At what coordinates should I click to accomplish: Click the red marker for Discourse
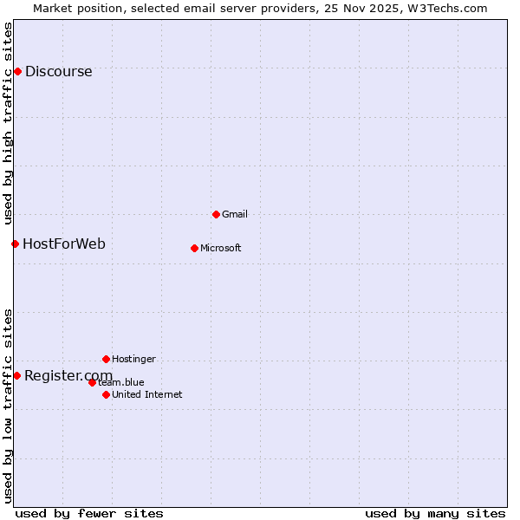pyautogui.click(x=17, y=71)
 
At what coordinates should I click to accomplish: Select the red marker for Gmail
pyautogui.click(x=216, y=214)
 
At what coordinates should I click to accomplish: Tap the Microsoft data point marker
pyautogui.click(x=194, y=248)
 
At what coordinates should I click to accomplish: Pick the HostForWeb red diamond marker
pyautogui.click(x=15, y=244)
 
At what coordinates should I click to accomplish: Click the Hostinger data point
pyautogui.click(x=106, y=359)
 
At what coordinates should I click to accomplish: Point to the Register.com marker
pyautogui.click(x=16, y=375)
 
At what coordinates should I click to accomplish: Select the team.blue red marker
pyautogui.click(x=92, y=382)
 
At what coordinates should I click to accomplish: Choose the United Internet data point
pyautogui.click(x=106, y=394)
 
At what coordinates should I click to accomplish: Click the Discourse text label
pyautogui.click(x=58, y=72)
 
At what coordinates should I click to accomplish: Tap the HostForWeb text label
pyautogui.click(x=64, y=244)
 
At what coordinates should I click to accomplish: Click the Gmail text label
pyautogui.click(x=235, y=214)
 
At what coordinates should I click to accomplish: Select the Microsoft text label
pyautogui.click(x=221, y=249)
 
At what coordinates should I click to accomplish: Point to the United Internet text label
pyautogui.click(x=147, y=395)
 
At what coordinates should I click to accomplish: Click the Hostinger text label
pyautogui.click(x=133, y=359)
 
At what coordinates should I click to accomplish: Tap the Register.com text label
pyautogui.click(x=68, y=375)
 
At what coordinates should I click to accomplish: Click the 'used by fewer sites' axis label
pyautogui.click(x=89, y=513)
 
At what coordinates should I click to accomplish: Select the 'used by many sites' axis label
pyautogui.click(x=435, y=513)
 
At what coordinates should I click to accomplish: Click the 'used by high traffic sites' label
pyautogui.click(x=8, y=123)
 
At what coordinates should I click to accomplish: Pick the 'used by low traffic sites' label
pyautogui.click(x=8, y=405)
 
